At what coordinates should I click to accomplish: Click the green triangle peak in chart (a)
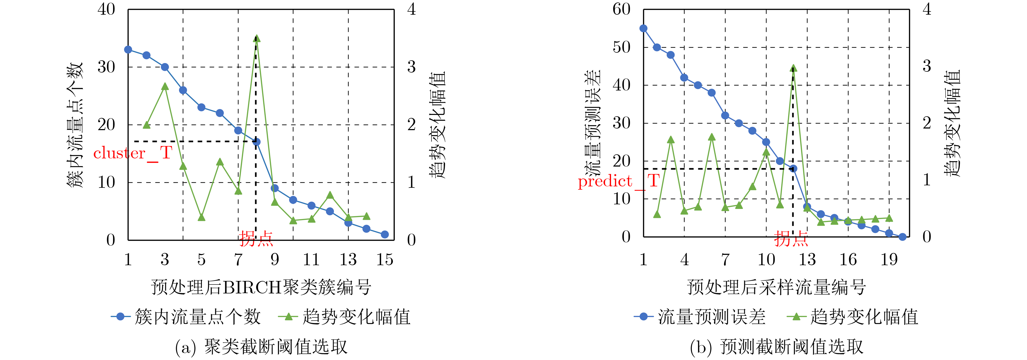pos(256,39)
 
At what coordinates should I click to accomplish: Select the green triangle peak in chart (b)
pos(793,68)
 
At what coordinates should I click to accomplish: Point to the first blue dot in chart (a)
pos(128,50)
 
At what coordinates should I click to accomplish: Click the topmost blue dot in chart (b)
pos(643,28)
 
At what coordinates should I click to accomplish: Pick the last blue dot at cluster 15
pos(385,234)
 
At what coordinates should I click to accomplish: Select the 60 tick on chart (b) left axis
pos(621,9)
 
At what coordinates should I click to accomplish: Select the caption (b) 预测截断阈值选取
pos(776,347)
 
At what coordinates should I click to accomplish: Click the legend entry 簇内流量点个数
pos(197,317)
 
